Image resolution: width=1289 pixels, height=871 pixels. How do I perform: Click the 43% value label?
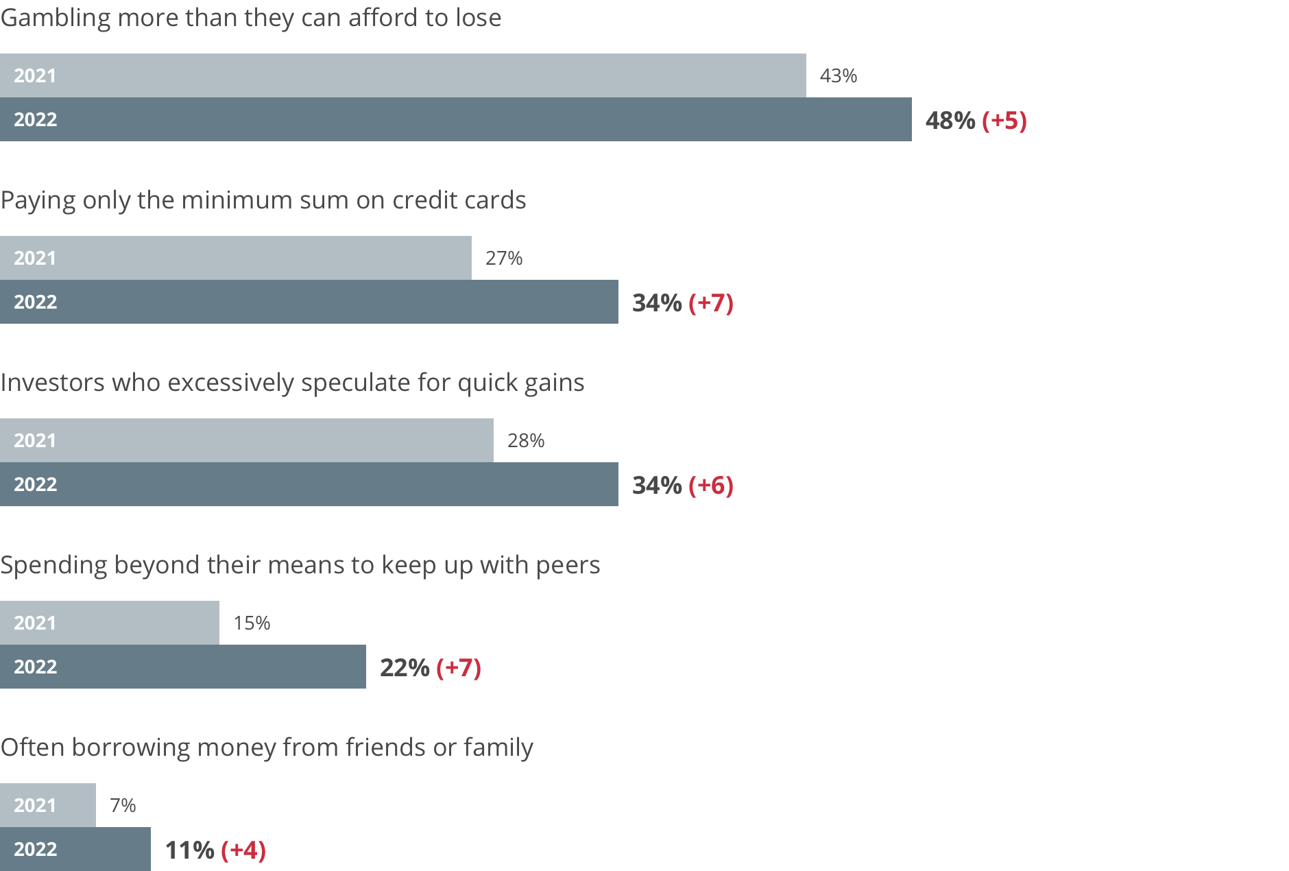click(x=838, y=75)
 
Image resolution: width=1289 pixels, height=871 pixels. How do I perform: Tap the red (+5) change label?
click(x=1004, y=121)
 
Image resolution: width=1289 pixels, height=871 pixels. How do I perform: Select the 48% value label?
click(x=950, y=121)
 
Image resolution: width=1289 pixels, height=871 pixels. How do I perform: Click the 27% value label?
click(x=504, y=258)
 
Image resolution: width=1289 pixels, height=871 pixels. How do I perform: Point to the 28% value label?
click(x=526, y=440)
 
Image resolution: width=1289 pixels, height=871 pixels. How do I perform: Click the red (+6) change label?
click(x=710, y=486)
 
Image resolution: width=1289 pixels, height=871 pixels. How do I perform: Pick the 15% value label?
click(x=252, y=623)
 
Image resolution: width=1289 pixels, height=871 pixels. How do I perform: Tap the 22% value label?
click(x=405, y=668)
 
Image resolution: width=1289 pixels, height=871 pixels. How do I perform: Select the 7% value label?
click(x=123, y=805)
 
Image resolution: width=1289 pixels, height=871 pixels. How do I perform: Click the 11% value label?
click(x=189, y=850)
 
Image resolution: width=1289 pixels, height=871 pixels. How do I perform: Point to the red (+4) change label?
click(x=243, y=850)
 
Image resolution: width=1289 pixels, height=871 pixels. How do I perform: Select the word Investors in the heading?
click(x=52, y=383)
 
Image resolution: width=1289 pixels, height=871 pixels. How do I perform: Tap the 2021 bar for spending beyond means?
click(x=137, y=623)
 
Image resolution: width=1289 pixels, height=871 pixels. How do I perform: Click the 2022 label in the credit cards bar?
click(x=36, y=302)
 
